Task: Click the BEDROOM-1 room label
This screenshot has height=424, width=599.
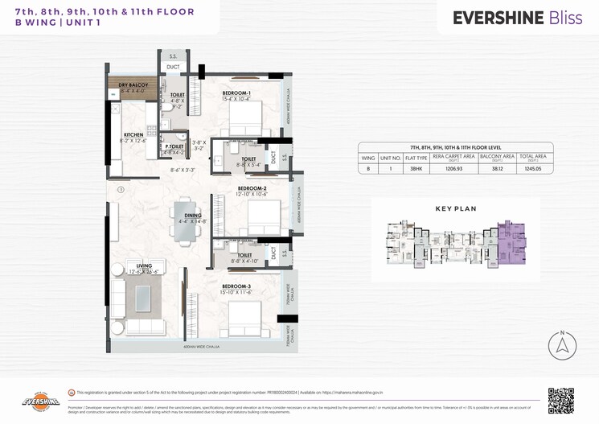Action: (236, 93)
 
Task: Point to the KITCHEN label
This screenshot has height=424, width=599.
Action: (133, 134)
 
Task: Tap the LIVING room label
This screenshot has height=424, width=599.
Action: (144, 266)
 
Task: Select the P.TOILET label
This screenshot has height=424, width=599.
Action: (176, 146)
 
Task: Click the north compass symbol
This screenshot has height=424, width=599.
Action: (561, 344)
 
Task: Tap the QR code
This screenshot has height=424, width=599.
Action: (560, 400)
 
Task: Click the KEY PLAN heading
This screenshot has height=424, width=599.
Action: (456, 208)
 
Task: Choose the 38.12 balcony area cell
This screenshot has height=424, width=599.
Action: (494, 170)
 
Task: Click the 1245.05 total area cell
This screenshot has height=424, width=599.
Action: (531, 170)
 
